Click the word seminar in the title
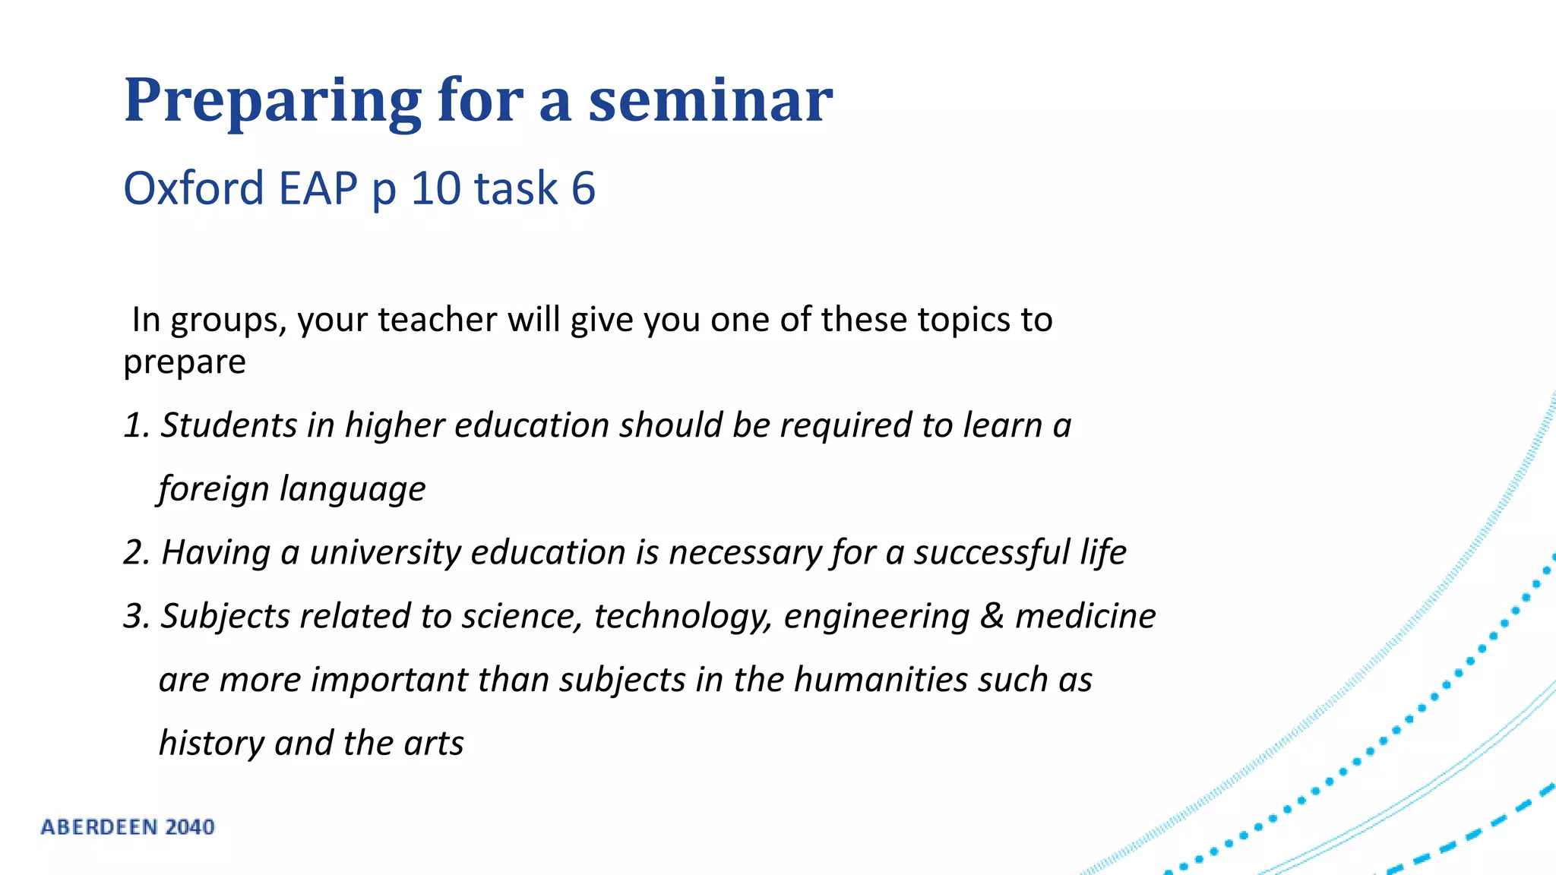(x=710, y=100)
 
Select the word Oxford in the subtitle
(x=194, y=188)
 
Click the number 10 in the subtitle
(x=435, y=188)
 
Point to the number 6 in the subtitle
(x=583, y=188)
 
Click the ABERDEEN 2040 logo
(x=128, y=827)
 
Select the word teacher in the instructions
(x=438, y=320)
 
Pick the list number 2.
(x=135, y=552)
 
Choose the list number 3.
(x=135, y=616)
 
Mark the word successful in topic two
(x=991, y=552)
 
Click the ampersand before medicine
(x=991, y=616)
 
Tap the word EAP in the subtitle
(x=318, y=188)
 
